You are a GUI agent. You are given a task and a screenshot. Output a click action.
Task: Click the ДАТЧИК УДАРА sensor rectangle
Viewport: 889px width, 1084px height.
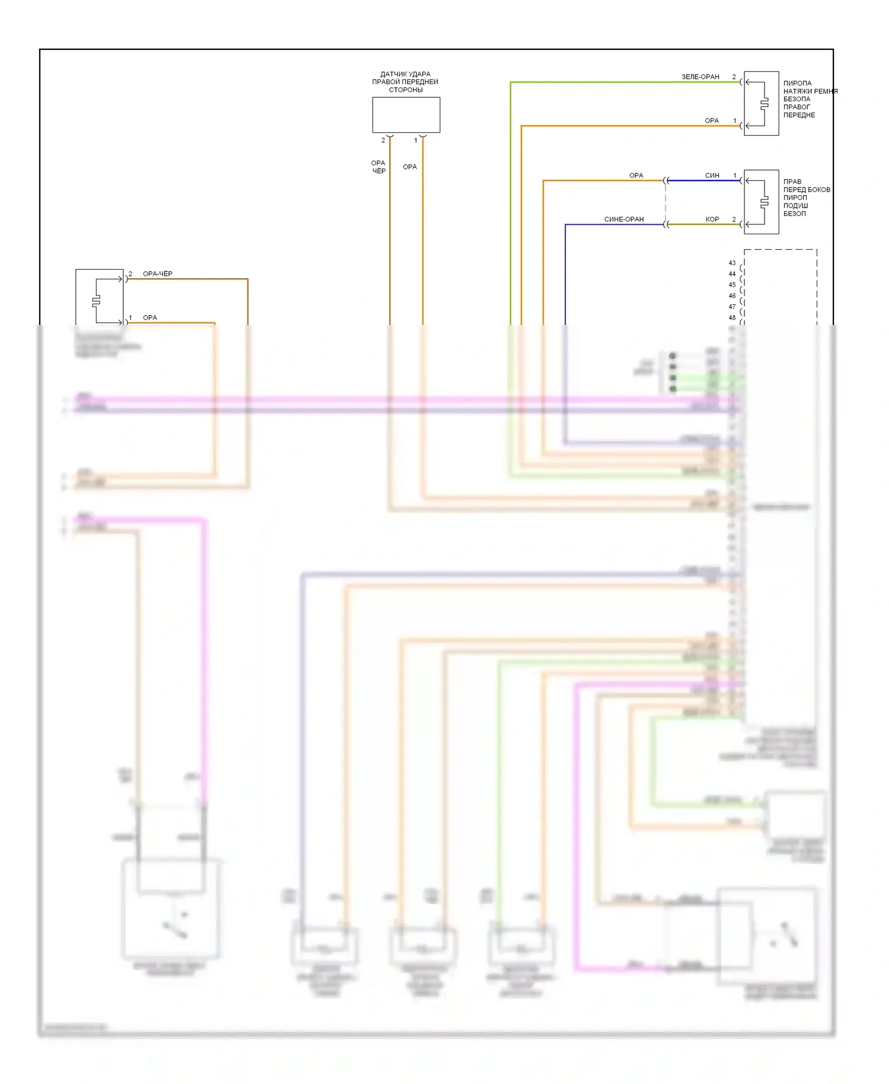[x=406, y=115]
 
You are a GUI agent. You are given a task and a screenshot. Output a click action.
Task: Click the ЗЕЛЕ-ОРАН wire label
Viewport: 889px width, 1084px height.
[x=700, y=77]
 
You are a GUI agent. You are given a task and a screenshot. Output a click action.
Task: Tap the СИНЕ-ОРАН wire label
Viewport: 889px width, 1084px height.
[x=623, y=219]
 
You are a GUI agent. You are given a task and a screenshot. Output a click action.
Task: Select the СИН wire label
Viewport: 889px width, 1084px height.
[x=712, y=176]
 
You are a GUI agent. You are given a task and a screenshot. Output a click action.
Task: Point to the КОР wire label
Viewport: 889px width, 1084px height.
[x=712, y=219]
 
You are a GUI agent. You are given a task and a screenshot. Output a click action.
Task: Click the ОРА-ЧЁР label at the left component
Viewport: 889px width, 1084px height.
[x=158, y=274]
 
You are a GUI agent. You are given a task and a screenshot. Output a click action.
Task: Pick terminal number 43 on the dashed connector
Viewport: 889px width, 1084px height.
[x=732, y=263]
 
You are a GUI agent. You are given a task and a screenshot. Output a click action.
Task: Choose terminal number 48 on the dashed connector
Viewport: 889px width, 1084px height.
[x=732, y=318]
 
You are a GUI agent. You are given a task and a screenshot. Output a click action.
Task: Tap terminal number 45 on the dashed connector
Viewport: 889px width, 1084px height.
[x=732, y=285]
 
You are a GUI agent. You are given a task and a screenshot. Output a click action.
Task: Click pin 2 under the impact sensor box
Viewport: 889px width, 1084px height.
[x=383, y=141]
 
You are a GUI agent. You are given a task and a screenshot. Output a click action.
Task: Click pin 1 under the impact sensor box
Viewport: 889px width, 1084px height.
[x=415, y=141]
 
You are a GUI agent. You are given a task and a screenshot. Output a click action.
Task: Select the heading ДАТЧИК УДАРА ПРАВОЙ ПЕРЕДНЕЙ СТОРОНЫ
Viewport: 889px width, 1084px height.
[x=405, y=82]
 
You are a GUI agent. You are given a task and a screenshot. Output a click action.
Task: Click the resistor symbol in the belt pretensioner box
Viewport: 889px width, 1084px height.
[x=765, y=104]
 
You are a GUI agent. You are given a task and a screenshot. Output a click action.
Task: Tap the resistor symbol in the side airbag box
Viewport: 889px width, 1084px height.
[x=765, y=202]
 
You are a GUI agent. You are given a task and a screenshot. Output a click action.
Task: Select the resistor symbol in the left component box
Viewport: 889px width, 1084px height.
[x=96, y=301]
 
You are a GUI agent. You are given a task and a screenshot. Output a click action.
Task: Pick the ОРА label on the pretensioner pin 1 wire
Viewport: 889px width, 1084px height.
[x=711, y=121]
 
